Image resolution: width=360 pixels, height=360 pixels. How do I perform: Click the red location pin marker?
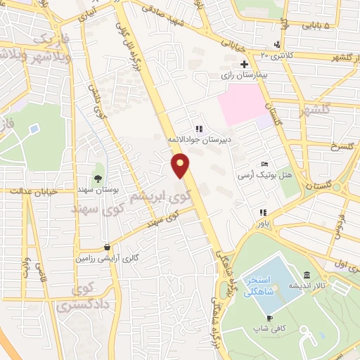pyautogui.click(x=181, y=166)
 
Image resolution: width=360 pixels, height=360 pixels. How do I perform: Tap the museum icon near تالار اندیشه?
pyautogui.click(x=307, y=276)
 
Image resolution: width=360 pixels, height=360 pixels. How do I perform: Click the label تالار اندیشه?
pyautogui.click(x=307, y=287)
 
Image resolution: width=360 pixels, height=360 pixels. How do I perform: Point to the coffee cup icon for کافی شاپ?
pyautogui.click(x=271, y=319)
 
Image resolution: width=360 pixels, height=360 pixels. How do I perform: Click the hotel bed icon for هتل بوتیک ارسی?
pyautogui.click(x=264, y=163)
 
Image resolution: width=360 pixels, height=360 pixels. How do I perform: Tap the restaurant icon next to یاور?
pyautogui.click(x=262, y=212)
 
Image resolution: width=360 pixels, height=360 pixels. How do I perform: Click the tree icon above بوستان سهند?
pyautogui.click(x=98, y=178)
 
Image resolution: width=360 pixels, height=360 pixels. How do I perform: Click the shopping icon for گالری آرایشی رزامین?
pyautogui.click(x=107, y=247)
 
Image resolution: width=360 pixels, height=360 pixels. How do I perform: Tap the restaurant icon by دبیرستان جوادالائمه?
pyautogui.click(x=199, y=129)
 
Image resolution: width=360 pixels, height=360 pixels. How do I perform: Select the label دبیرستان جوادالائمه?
pyautogui.click(x=199, y=140)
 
